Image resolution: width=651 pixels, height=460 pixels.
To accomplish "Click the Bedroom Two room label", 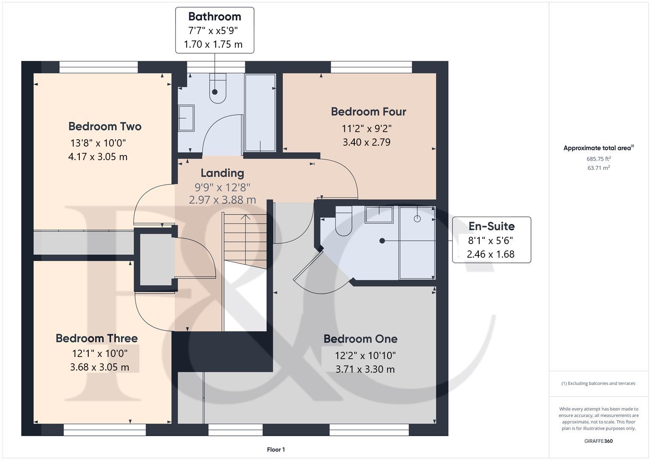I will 104,126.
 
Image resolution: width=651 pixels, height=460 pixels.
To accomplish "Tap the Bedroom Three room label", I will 97,338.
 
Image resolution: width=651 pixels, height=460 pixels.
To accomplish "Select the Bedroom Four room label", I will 368,112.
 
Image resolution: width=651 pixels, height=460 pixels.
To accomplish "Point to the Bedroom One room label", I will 360,339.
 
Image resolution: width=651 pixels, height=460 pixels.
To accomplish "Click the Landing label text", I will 222,173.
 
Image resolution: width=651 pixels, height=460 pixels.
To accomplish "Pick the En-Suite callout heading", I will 491,226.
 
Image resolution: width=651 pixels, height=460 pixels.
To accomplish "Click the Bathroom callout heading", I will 214,17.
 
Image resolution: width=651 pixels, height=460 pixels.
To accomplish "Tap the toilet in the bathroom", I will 217,88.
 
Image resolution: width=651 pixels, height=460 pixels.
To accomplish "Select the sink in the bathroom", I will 186,118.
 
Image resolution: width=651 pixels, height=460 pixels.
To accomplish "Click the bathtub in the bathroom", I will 260,113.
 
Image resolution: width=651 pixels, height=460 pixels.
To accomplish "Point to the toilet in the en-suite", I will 343,221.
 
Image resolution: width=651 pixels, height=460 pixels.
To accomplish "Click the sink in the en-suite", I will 379,215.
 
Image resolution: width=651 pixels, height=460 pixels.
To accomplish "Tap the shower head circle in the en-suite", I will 417,218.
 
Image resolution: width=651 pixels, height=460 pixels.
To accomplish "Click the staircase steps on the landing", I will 245,236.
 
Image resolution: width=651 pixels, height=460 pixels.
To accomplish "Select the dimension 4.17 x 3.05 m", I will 98,157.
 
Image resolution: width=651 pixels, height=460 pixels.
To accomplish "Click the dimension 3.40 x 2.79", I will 367,142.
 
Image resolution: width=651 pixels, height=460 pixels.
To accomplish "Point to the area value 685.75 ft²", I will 598,159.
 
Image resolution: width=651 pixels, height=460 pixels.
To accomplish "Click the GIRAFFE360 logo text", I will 598,441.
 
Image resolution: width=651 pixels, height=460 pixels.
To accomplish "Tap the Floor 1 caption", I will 276,449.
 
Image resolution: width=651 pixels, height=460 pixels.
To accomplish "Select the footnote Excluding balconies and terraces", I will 598,383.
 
